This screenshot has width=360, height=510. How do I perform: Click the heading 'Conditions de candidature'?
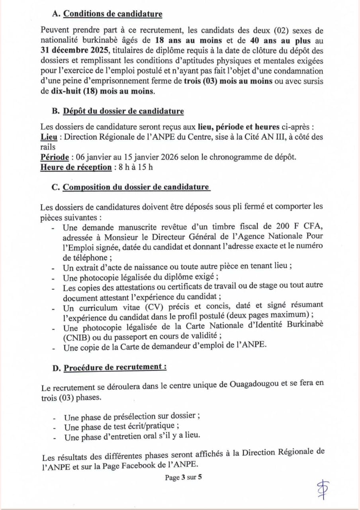pyautogui.click(x=113, y=14)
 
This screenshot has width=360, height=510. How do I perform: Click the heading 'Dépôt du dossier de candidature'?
pyautogui.click(x=123, y=111)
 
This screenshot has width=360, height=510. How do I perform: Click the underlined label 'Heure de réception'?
pyautogui.click(x=76, y=167)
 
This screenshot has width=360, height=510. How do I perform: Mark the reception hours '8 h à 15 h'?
pyautogui.click(x=133, y=167)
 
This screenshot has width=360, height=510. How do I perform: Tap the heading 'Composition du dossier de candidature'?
pyautogui.click(x=136, y=187)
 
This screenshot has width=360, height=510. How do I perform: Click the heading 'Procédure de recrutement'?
pyautogui.click(x=115, y=367)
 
